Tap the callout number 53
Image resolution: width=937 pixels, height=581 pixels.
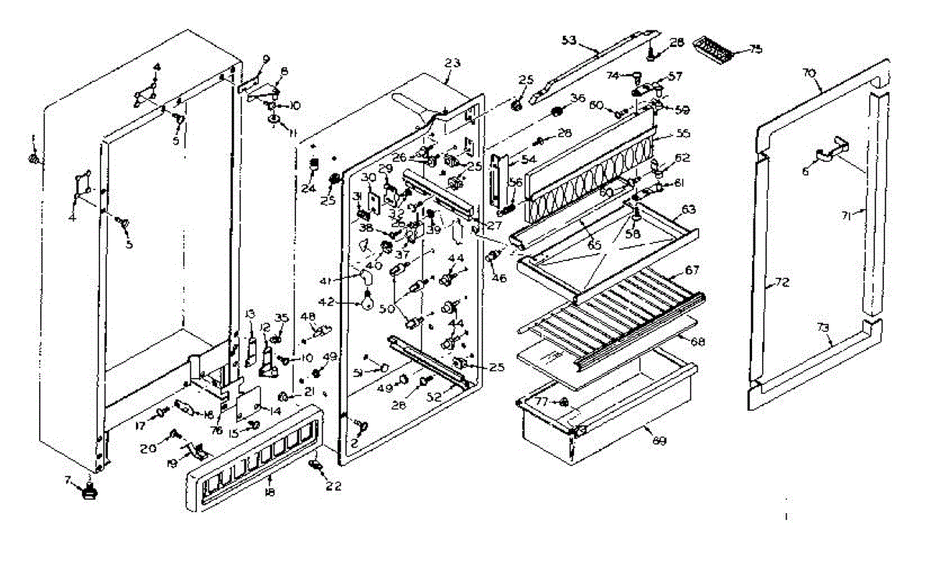[568, 39]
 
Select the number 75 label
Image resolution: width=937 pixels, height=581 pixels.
[755, 49]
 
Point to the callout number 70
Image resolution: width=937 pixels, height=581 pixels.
[809, 73]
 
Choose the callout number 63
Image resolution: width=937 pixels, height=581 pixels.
[688, 209]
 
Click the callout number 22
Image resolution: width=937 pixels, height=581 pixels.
[334, 485]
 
